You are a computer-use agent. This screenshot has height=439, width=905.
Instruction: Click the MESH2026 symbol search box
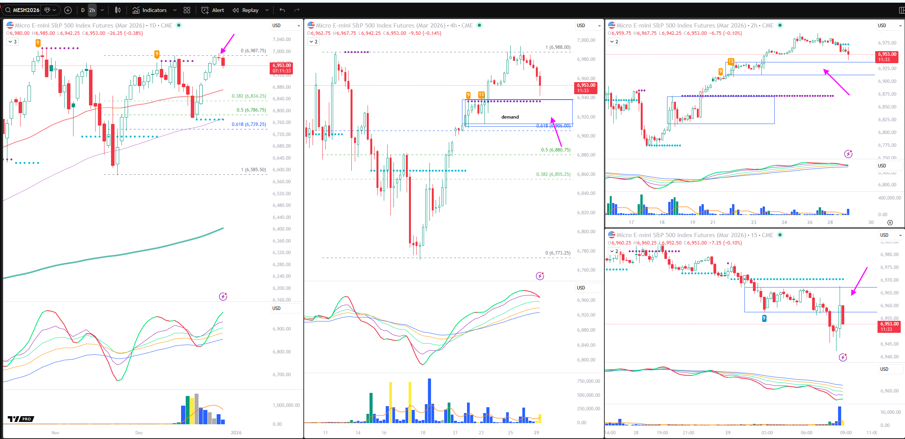coord(26,10)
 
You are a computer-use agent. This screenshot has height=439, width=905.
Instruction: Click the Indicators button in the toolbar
coord(150,10)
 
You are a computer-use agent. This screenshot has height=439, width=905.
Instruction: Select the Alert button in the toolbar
coord(213,10)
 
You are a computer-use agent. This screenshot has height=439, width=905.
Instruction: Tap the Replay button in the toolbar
coord(246,10)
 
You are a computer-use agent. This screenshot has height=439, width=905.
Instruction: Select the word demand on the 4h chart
coord(510,117)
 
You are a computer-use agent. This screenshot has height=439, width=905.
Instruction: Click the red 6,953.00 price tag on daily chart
coord(281,68)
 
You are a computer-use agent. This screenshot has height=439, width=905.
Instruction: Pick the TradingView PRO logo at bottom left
coord(21,419)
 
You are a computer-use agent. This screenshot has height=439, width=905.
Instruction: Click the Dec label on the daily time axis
coord(139,433)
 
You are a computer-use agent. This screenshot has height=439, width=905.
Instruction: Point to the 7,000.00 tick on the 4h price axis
coord(586,40)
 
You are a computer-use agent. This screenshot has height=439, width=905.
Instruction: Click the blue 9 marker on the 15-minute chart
coord(764,318)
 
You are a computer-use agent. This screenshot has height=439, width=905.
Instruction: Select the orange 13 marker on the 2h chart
coord(731,61)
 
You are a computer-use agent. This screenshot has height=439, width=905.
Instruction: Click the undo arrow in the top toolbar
coord(282,10)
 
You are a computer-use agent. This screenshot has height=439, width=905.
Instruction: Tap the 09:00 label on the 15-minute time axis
coord(846,433)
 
